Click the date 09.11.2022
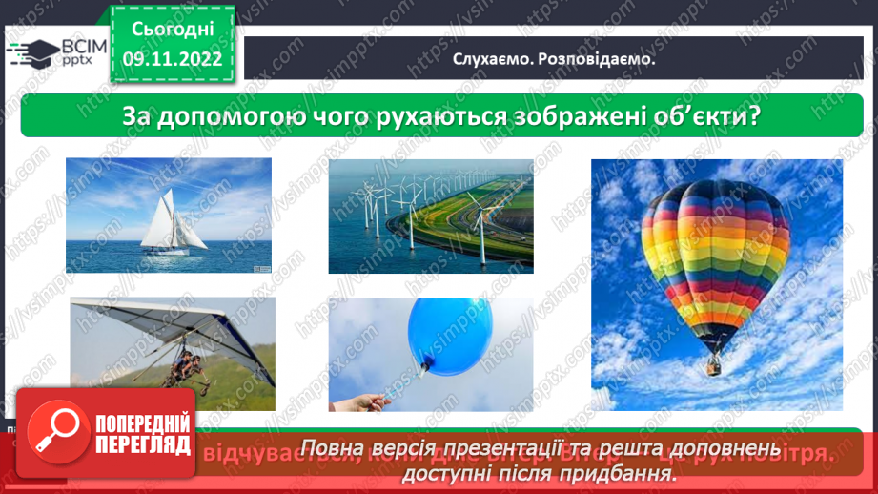pyautogui.click(x=173, y=59)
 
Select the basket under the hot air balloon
pyautogui.click(x=713, y=364)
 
